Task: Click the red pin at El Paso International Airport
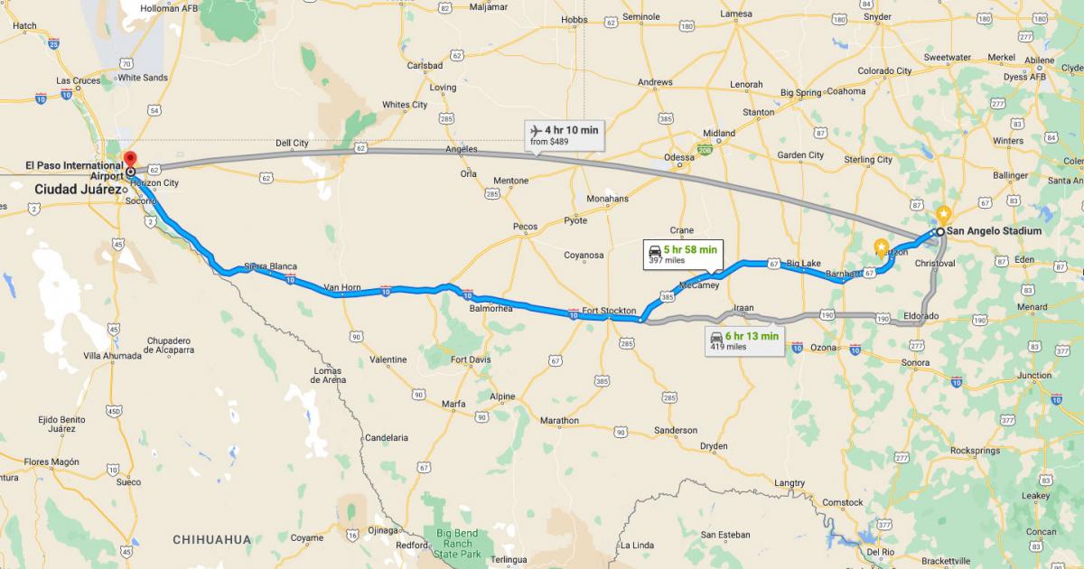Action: click(x=130, y=158)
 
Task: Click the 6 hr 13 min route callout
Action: click(x=745, y=340)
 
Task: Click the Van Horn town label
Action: click(x=342, y=287)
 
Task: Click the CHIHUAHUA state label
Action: click(x=211, y=539)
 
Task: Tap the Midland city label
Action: click(x=719, y=133)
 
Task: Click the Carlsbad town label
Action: click(x=424, y=66)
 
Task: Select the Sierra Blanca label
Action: click(x=270, y=266)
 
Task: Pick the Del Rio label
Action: click(x=880, y=551)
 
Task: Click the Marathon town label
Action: click(x=559, y=420)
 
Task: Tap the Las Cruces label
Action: click(x=79, y=80)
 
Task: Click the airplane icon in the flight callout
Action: click(x=535, y=130)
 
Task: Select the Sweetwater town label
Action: click(x=947, y=57)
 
